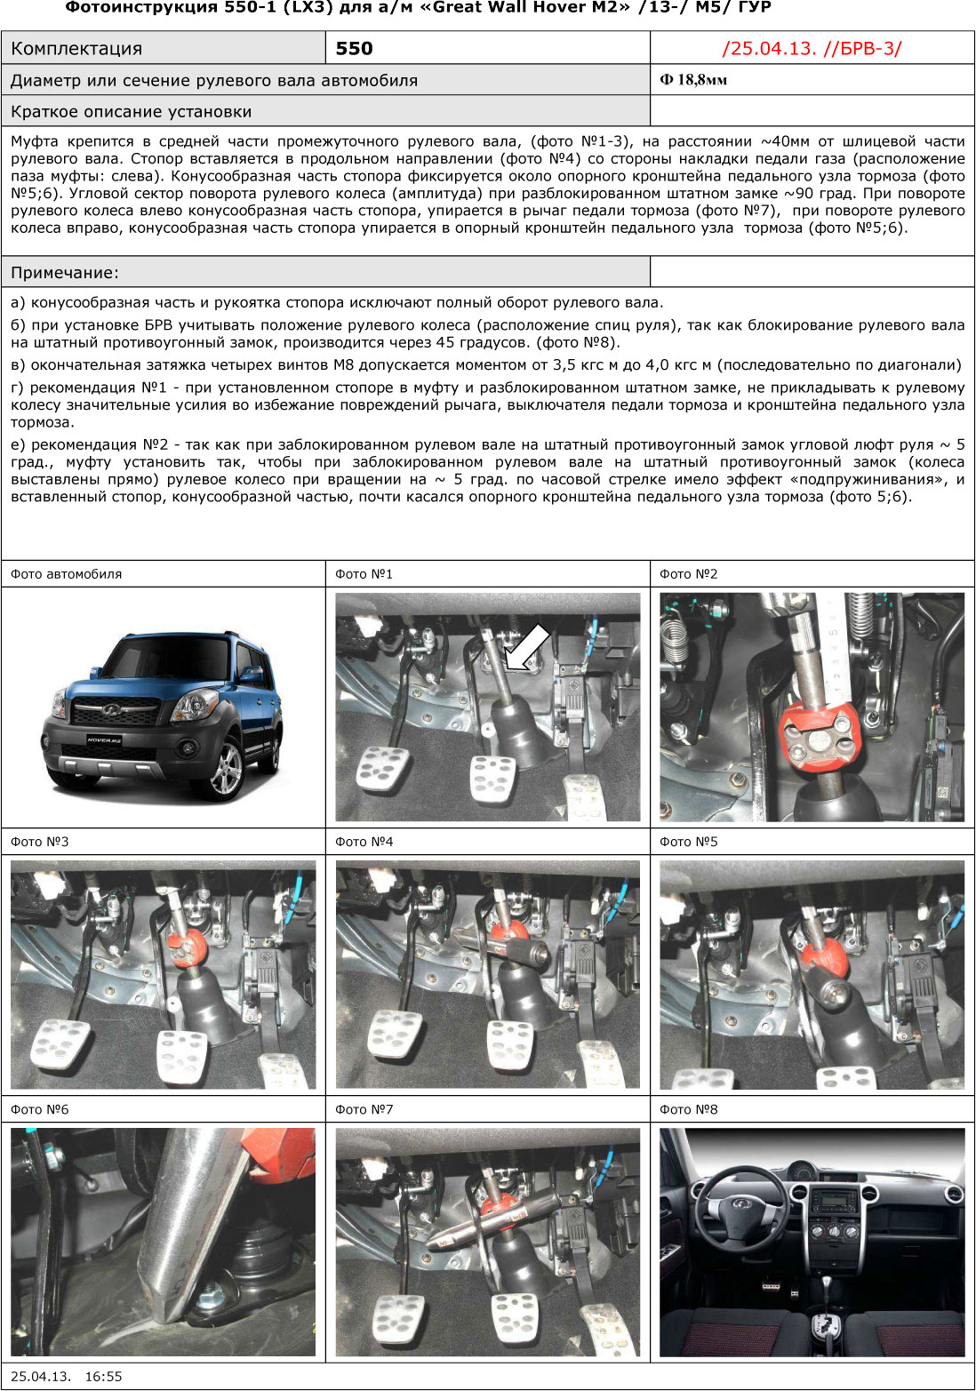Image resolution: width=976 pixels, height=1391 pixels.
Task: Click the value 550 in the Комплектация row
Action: pos(354,49)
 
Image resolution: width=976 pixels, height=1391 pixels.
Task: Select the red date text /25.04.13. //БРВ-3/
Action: pos(812,49)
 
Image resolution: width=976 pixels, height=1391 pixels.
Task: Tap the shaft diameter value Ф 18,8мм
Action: pos(693,80)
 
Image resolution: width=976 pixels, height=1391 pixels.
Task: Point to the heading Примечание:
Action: pos(65,273)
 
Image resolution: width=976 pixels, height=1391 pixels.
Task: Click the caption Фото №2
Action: pos(688,574)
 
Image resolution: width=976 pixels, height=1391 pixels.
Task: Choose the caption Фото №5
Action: pos(688,842)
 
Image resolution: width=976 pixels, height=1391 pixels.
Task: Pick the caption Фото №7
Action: pos(364,1109)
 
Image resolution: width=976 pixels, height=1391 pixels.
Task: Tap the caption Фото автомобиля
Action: pos(66,574)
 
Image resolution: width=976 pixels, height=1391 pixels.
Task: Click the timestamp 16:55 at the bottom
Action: pos(103,1377)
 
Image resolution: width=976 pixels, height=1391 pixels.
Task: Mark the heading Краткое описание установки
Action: pos(131,112)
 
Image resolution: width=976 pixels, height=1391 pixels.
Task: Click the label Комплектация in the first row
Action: pos(76,49)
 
